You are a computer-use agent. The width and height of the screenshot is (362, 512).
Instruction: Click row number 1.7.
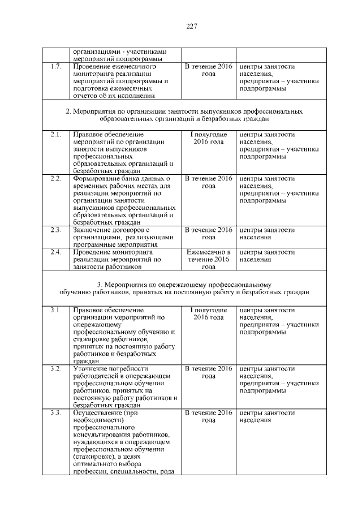coord(55,66)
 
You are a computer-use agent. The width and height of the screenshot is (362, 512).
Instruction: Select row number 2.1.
coord(55,135)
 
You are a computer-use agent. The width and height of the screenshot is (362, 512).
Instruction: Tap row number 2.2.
coord(55,179)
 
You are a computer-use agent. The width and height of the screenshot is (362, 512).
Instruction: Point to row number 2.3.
coord(55,230)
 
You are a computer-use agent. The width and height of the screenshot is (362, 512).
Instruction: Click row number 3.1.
coord(55,310)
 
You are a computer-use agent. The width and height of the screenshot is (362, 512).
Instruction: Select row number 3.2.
coord(55,369)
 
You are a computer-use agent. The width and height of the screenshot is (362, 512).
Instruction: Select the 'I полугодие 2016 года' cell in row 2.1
coord(208,139)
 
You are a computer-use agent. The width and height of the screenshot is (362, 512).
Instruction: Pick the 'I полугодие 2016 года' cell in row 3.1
coord(208,314)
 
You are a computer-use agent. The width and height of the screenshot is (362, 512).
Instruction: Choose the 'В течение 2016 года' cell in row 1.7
coord(208,70)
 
